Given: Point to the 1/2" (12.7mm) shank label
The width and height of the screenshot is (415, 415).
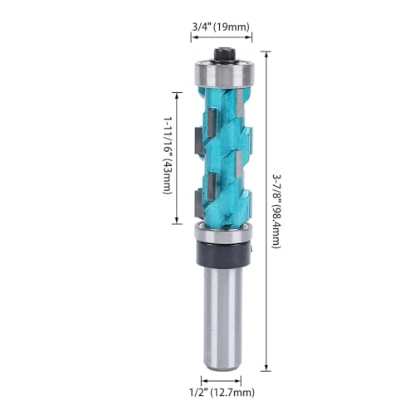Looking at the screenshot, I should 220,391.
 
